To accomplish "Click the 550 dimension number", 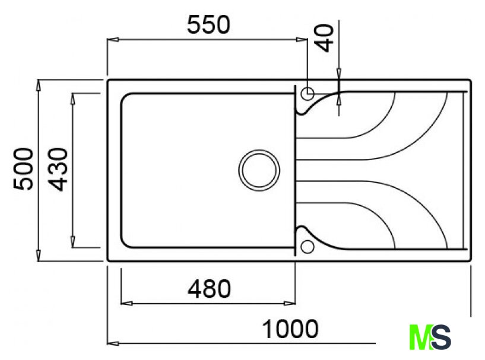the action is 208,25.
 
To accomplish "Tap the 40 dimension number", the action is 324,39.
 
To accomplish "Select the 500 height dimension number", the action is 23,168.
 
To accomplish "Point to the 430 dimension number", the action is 58,170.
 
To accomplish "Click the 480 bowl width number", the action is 209,289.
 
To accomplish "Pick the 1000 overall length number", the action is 290,329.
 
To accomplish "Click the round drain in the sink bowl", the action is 259,170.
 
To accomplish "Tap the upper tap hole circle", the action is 308,94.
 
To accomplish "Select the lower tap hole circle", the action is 308,247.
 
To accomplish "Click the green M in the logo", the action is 420,337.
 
